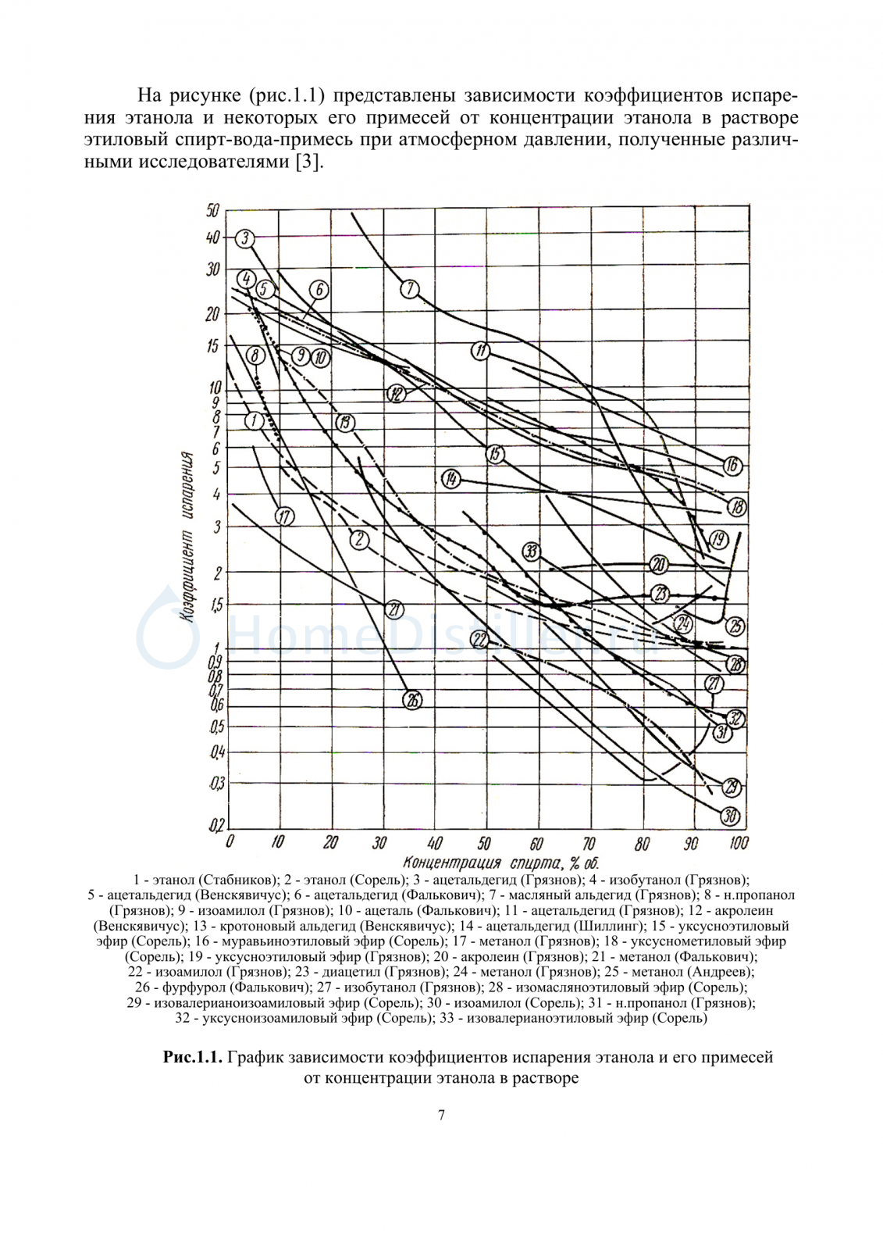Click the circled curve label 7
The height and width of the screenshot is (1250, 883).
pyautogui.click(x=410, y=289)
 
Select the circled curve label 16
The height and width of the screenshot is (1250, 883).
pyautogui.click(x=732, y=466)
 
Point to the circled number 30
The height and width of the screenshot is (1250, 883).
pyautogui.click(x=730, y=816)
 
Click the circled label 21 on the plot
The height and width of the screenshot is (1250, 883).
pyautogui.click(x=393, y=609)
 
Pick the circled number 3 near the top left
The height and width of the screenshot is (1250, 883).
pyautogui.click(x=245, y=238)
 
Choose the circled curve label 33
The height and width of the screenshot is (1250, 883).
pyautogui.click(x=532, y=552)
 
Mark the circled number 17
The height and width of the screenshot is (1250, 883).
pyautogui.click(x=285, y=516)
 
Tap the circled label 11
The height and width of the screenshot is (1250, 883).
pyautogui.click(x=481, y=351)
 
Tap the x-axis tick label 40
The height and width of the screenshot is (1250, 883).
pyautogui.click(x=434, y=843)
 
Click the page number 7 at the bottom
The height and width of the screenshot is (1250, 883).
pyautogui.click(x=442, y=1115)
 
